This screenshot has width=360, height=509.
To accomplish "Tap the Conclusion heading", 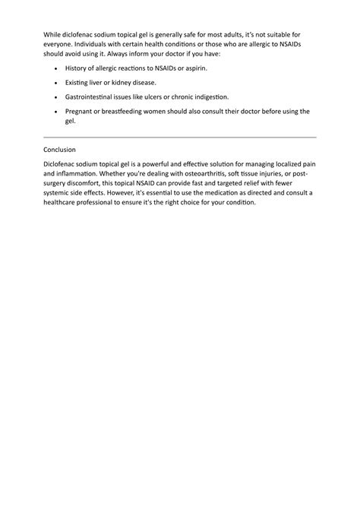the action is [65, 150].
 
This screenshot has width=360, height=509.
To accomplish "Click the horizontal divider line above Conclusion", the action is [179, 137].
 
